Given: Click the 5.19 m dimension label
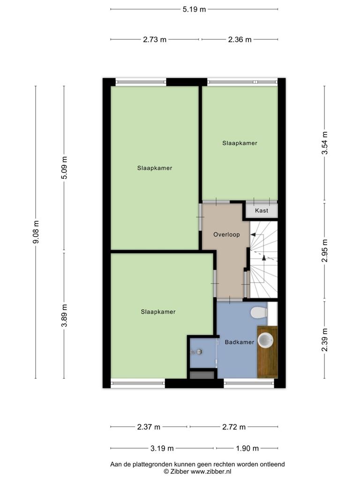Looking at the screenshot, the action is click(x=194, y=9).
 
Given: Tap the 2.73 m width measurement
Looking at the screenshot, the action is click(x=155, y=39).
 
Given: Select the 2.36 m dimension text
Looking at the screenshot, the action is click(x=240, y=39).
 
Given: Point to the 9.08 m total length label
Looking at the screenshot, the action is click(x=36, y=232).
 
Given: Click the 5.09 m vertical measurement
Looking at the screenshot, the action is click(x=64, y=168).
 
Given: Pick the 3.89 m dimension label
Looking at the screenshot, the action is click(x=64, y=315).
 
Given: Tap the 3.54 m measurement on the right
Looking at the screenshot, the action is click(x=325, y=143).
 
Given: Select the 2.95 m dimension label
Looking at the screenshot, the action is click(x=325, y=250).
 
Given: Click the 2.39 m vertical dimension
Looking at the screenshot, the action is click(x=325, y=340).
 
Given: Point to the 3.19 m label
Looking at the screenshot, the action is click(x=162, y=449).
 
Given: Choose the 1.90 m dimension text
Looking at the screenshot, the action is click(x=247, y=449).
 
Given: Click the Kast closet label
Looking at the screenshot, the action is click(x=262, y=210).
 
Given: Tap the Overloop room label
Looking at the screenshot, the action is click(x=226, y=234).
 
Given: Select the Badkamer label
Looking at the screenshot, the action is click(x=240, y=342).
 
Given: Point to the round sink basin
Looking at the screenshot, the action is click(x=265, y=340).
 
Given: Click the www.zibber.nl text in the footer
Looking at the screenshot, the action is click(x=211, y=472).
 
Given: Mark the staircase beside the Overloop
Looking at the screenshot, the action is click(x=263, y=259).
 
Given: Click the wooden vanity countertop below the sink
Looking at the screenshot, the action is click(x=267, y=352).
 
